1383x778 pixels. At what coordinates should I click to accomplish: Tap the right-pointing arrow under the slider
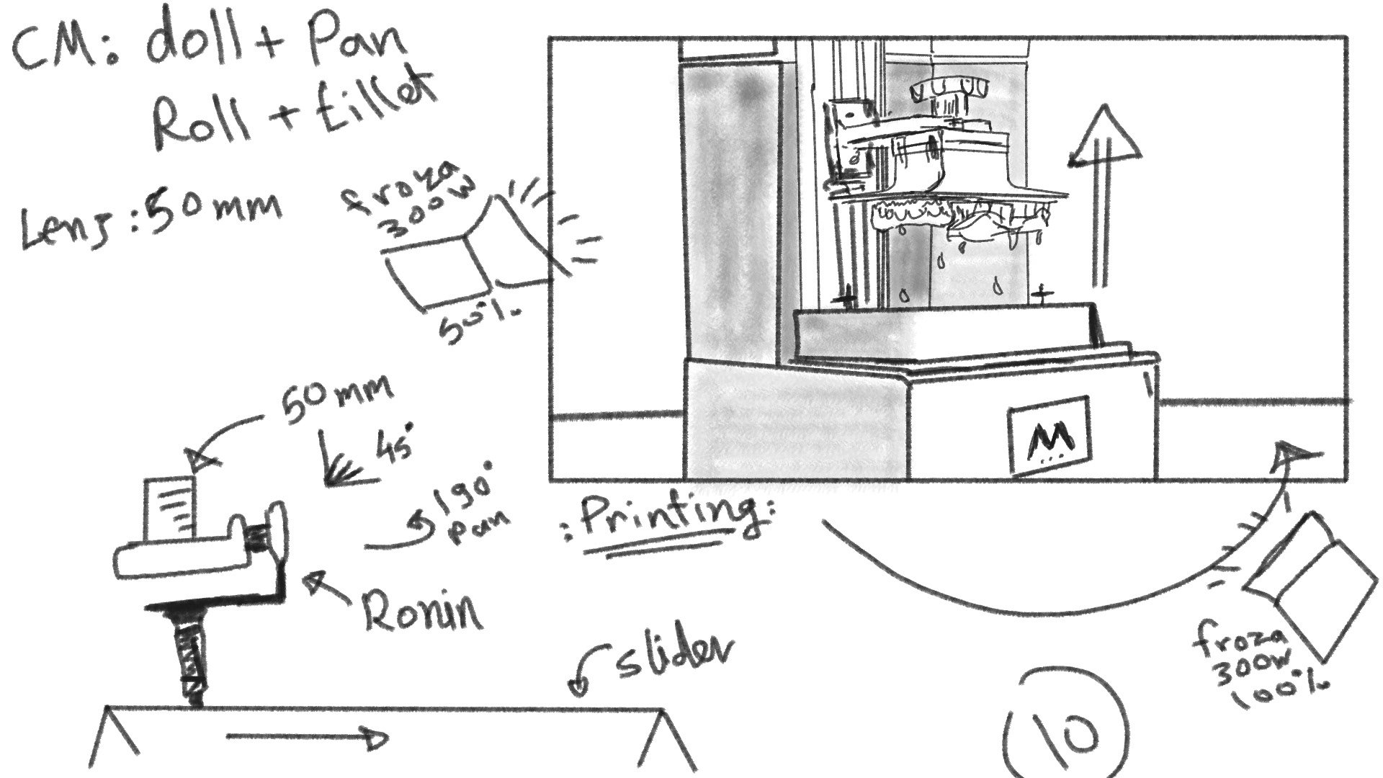click(306, 736)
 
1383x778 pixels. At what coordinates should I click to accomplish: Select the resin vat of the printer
click(944, 331)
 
